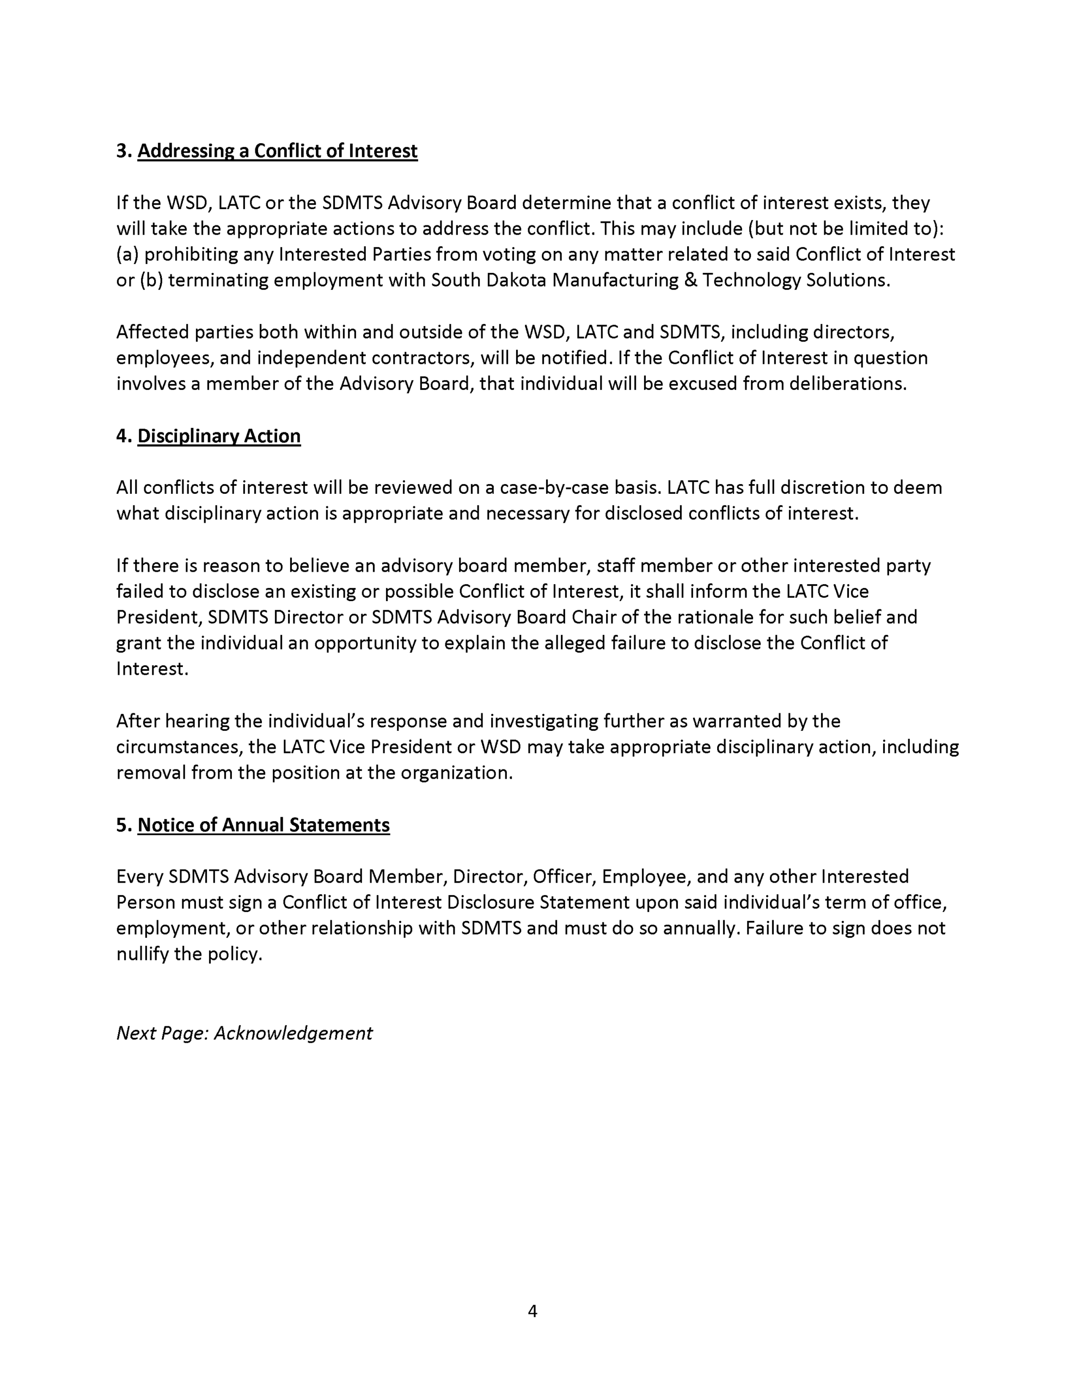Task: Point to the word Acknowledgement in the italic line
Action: [293, 1034]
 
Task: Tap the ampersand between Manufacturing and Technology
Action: [690, 280]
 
